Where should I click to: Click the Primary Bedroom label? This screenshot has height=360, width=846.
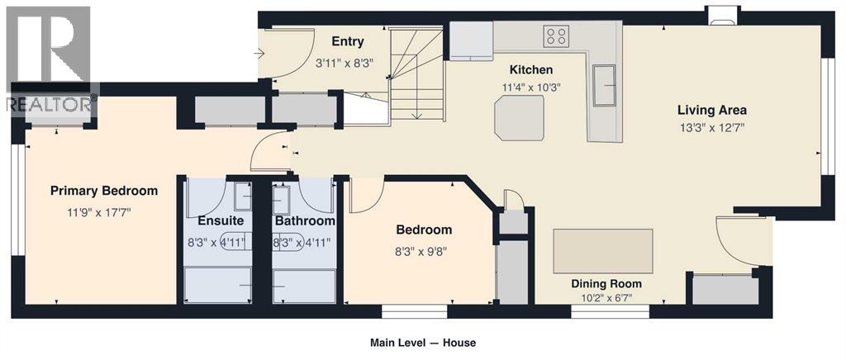104,191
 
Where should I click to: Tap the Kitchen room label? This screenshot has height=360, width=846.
531,69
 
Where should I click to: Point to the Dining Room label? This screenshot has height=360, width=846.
607,284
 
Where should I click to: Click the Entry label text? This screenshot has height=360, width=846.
348,41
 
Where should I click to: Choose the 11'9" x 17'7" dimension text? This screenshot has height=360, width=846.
99,212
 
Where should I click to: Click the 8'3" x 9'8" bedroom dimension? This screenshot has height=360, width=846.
424,251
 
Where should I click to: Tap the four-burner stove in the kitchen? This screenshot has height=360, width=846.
557,36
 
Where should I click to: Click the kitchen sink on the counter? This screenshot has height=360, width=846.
604,85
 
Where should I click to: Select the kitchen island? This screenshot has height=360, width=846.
519,118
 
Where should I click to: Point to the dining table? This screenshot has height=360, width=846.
602,251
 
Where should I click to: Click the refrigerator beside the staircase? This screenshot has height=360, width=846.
471,40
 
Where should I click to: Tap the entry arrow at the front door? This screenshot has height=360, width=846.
259,53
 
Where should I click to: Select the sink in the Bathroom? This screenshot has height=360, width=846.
281,200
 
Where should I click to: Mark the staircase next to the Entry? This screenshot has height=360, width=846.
416,74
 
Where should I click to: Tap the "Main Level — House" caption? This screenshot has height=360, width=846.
422,342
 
